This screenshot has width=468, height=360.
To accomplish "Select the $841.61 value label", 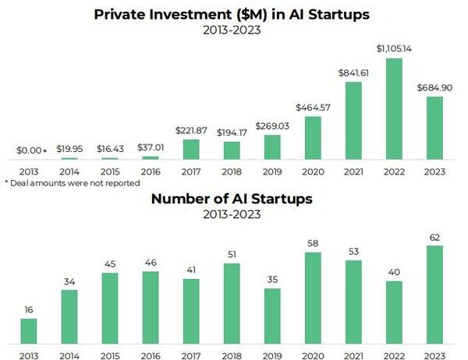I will click(353, 72).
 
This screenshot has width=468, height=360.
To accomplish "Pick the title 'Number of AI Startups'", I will click(232, 199).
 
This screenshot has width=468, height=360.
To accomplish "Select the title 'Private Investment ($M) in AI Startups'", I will click(232, 14).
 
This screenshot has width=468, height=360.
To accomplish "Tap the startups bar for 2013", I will click(29, 330).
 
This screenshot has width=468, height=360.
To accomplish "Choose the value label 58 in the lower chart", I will click(313, 244).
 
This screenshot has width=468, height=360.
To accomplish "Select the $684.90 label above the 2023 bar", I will click(434, 88).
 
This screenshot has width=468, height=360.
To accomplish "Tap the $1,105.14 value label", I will click(394, 49).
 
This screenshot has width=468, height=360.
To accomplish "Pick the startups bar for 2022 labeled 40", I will click(394, 312).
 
